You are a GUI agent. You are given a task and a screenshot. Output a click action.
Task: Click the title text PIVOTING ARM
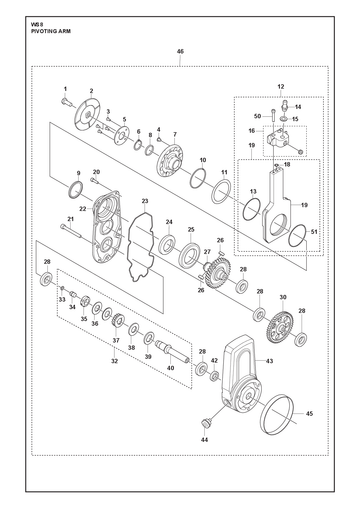coord(51,31)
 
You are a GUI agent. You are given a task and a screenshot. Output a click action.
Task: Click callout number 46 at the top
coord(180,52)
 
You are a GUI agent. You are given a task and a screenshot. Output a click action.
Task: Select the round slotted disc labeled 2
coord(87,114)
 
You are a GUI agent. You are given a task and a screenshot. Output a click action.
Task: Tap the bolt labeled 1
coord(67,101)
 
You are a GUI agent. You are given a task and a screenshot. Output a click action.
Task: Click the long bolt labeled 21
coord(71,231)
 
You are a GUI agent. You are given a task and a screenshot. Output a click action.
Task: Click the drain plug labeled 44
coord(204,422)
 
